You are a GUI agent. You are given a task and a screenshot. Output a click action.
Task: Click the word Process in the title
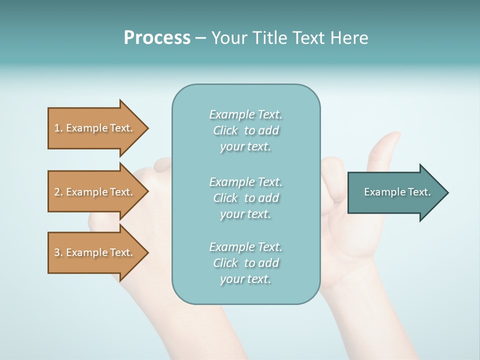[x=157, y=38]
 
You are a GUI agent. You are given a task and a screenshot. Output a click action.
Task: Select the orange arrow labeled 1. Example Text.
[x=95, y=128]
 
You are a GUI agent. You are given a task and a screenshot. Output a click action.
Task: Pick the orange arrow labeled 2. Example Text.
[x=95, y=192]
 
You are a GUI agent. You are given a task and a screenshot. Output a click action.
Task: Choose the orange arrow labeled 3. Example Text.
[x=95, y=252]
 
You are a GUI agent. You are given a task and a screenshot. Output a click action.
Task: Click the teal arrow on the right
[x=395, y=192]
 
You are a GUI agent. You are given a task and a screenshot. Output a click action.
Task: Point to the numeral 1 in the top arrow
[x=57, y=128]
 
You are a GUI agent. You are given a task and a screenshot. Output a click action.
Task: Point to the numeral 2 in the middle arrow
[x=57, y=192]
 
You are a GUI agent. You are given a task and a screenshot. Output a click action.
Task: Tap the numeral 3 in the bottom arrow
[x=57, y=252]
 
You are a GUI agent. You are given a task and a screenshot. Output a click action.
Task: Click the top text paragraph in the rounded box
[x=245, y=130]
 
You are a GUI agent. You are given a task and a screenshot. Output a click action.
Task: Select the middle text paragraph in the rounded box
[x=245, y=198]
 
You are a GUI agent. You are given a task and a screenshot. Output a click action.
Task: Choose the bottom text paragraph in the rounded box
[x=245, y=263]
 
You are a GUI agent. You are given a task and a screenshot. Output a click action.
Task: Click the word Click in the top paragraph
[x=225, y=130]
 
